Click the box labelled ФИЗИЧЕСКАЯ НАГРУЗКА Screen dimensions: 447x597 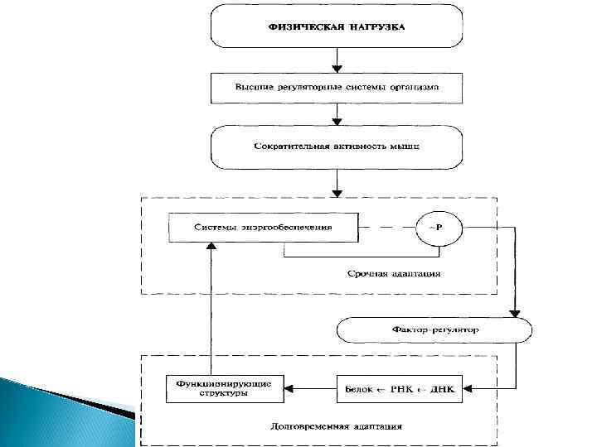[336, 26]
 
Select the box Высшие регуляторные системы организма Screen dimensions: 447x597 [336, 86]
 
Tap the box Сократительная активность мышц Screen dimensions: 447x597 [336, 146]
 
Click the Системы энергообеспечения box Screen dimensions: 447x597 [263, 227]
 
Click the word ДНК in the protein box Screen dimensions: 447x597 [448, 387]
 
